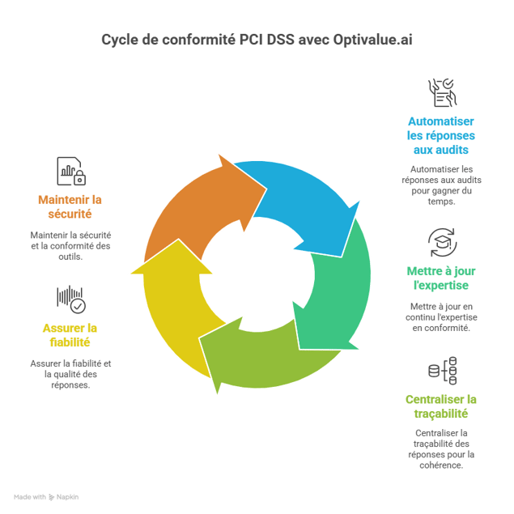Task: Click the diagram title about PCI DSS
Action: (257, 39)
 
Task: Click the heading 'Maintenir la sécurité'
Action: (70, 206)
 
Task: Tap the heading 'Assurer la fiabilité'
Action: (70, 335)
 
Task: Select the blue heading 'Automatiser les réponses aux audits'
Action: (440, 135)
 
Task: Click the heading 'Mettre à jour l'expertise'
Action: (440, 278)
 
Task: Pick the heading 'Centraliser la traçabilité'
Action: (440, 406)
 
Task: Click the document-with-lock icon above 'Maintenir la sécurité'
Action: (70, 171)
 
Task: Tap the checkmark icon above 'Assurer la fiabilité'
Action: (70, 299)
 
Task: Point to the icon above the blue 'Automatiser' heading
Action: (442, 93)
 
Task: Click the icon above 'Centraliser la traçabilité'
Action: (442, 372)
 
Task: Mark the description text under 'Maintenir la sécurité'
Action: (70, 240)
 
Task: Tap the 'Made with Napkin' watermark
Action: (46, 496)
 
